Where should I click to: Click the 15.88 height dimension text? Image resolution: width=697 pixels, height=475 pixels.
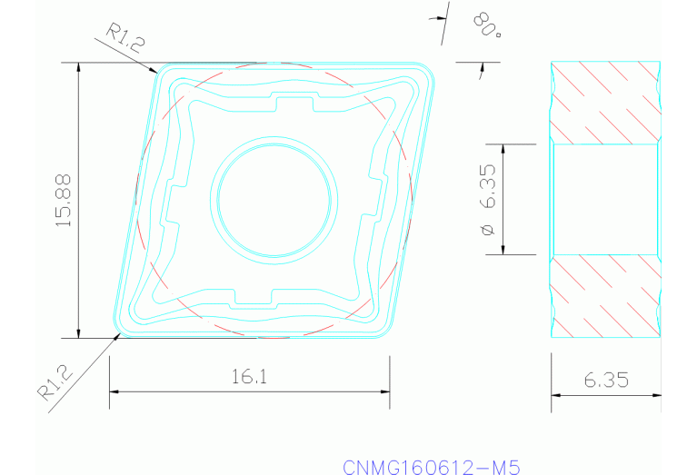(64, 200)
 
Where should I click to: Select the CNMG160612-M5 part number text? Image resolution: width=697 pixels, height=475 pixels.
(431, 467)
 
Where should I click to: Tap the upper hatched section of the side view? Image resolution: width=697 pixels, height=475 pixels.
(606, 102)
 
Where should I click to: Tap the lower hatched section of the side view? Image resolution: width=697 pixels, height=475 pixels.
(606, 295)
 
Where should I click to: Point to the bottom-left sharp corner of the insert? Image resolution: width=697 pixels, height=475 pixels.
(115, 332)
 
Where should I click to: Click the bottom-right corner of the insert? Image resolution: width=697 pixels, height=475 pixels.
(385, 331)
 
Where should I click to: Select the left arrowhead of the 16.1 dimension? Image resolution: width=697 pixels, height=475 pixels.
(115, 391)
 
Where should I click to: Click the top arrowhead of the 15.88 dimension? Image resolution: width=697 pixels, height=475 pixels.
(80, 68)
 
